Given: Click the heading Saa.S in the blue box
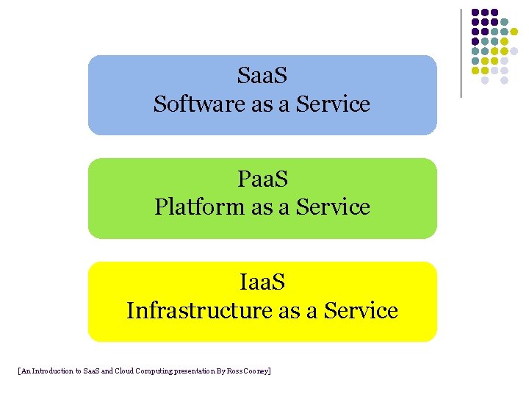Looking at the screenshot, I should tap(262, 75).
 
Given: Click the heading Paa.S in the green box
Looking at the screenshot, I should tap(262, 179).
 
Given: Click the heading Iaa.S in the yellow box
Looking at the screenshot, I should tap(262, 282).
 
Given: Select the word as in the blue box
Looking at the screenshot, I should tap(262, 104).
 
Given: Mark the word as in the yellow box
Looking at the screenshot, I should tap(289, 311).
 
